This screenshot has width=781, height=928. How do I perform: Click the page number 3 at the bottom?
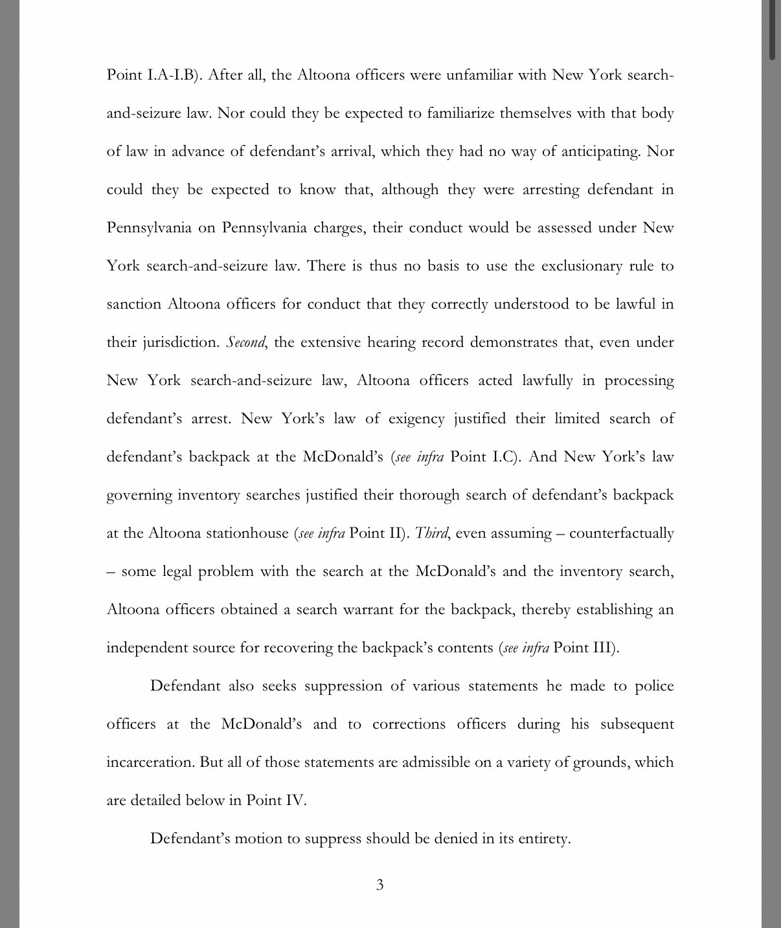[x=379, y=885]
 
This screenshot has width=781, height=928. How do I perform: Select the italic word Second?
[x=245, y=342]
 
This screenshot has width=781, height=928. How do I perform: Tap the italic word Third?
[x=431, y=533]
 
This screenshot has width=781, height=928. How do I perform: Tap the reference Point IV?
[x=276, y=801]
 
